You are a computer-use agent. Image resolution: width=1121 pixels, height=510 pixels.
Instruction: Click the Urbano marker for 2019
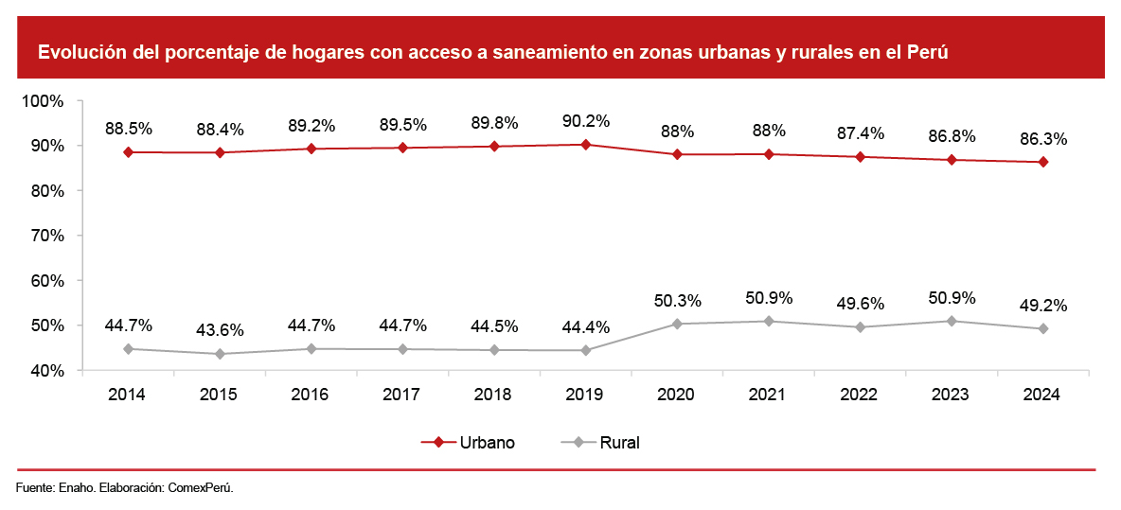585,145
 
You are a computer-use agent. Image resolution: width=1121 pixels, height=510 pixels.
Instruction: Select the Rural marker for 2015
219,354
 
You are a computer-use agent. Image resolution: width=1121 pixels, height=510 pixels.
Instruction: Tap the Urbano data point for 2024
1043,162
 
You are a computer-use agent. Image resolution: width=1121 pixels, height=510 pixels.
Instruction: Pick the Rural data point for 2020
677,324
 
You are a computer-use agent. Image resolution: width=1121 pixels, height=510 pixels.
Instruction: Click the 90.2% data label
585,121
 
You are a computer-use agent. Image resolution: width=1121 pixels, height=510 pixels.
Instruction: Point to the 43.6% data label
219,330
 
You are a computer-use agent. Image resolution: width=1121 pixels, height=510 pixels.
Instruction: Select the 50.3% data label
677,301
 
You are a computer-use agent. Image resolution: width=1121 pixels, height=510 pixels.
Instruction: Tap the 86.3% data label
1043,139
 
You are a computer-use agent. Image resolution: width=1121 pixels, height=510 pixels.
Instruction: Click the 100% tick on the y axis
43,100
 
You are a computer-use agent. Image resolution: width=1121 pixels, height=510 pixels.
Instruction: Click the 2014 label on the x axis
127,395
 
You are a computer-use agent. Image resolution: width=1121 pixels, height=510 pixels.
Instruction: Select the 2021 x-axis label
768,395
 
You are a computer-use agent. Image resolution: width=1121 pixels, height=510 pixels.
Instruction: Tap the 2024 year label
1043,395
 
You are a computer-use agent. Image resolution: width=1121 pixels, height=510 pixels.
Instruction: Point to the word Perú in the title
927,52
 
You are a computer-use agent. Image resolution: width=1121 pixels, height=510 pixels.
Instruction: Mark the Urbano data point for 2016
311,149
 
